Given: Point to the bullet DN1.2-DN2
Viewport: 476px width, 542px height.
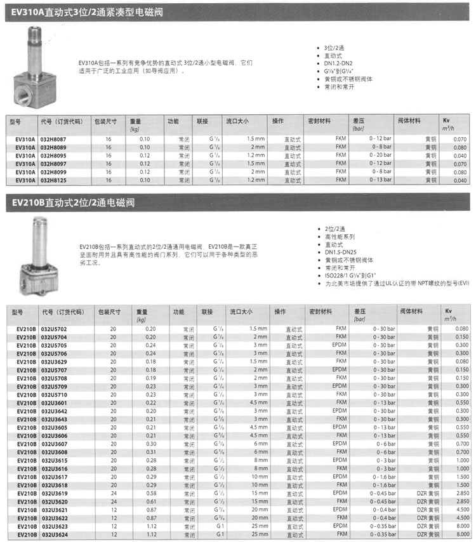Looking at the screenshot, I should (x=340, y=64).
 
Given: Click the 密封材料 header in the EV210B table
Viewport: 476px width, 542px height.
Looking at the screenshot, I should (x=321, y=312).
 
